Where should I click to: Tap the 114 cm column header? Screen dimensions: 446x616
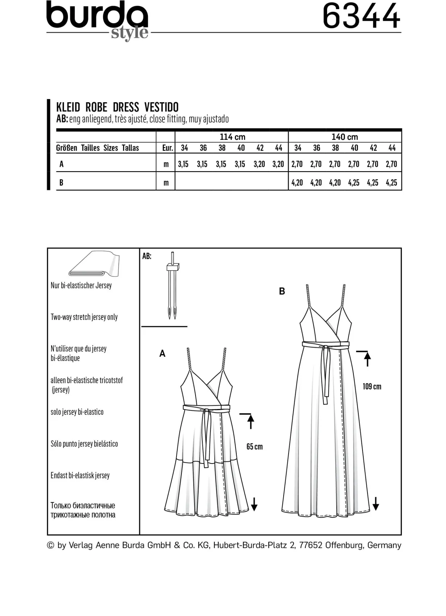click(233, 137)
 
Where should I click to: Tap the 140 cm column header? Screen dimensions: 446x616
click(345, 137)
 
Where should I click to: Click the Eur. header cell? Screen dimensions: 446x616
click(167, 148)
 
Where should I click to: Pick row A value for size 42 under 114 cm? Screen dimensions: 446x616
click(259, 164)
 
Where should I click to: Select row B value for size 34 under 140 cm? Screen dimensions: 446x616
click(297, 183)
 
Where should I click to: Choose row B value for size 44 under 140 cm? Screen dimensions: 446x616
click(391, 183)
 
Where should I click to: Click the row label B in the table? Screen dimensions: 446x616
click(61, 183)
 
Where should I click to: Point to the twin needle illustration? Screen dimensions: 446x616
click(173, 285)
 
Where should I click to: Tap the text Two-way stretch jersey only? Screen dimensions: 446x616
click(84, 317)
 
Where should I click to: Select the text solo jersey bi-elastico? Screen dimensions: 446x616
click(77, 412)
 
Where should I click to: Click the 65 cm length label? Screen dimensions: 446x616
click(254, 447)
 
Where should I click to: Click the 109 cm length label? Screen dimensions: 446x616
click(372, 387)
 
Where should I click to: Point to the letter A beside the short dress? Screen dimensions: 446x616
click(162, 354)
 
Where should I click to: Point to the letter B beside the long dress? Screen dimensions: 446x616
click(282, 291)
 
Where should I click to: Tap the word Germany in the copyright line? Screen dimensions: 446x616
click(384, 545)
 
